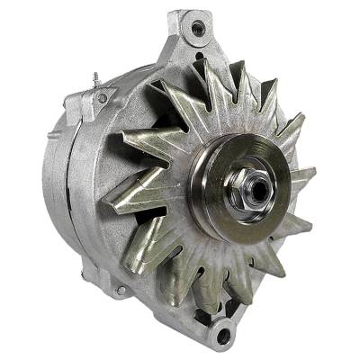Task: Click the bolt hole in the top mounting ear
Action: pyautogui.click(x=197, y=29)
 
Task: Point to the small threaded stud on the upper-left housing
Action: pyautogui.click(x=94, y=81)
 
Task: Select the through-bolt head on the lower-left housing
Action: pyautogui.click(x=120, y=290)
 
